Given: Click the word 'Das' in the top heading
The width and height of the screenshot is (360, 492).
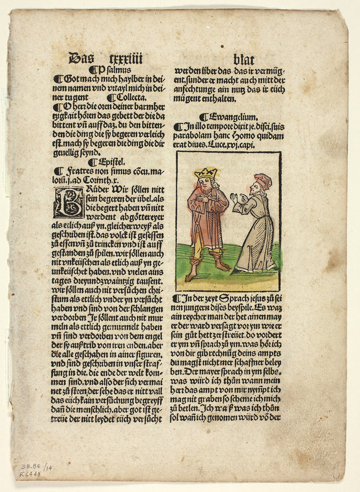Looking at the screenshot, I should (x=81, y=59).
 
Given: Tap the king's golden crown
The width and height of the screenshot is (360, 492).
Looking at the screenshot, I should (x=206, y=173).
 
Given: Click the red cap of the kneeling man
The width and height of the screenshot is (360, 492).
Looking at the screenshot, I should (x=264, y=181).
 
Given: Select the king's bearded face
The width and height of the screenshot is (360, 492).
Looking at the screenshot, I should (x=207, y=185).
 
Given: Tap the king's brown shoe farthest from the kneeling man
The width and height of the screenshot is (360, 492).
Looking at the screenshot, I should (x=190, y=277).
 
